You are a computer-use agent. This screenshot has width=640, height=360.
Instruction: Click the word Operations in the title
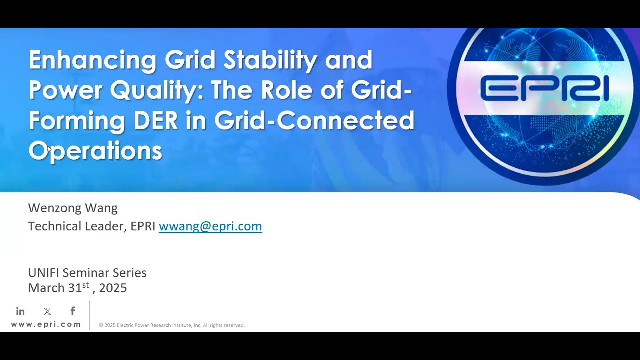[x=95, y=150]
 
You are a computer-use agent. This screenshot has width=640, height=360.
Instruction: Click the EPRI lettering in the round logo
[x=544, y=90]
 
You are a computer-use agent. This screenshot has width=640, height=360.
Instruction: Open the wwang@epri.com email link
[x=210, y=226]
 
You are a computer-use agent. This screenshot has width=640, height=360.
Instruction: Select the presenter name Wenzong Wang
[x=73, y=208]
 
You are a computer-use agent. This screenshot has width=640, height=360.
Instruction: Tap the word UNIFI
[x=44, y=273]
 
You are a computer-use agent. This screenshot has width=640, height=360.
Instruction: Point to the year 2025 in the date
[x=113, y=288]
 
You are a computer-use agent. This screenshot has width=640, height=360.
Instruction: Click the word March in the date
[x=46, y=288]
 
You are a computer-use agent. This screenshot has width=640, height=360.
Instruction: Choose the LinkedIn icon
[x=20, y=311]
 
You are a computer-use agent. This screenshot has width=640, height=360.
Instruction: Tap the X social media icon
[x=47, y=311]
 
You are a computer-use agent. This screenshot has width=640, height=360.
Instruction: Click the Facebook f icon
[x=73, y=311]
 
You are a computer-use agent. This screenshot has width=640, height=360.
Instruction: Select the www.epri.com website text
[x=46, y=324]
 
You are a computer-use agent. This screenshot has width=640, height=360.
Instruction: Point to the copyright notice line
[x=172, y=325]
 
